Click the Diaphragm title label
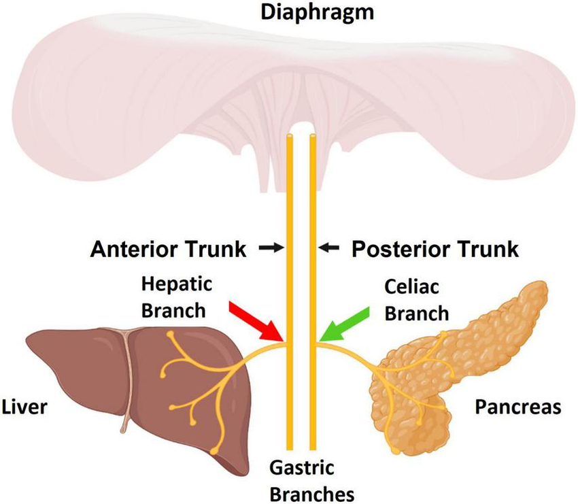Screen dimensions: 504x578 pos(303,12)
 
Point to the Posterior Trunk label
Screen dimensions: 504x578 pos(435,250)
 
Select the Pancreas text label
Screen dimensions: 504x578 pos(517,407)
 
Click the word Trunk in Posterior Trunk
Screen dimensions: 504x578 pos(487,250)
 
